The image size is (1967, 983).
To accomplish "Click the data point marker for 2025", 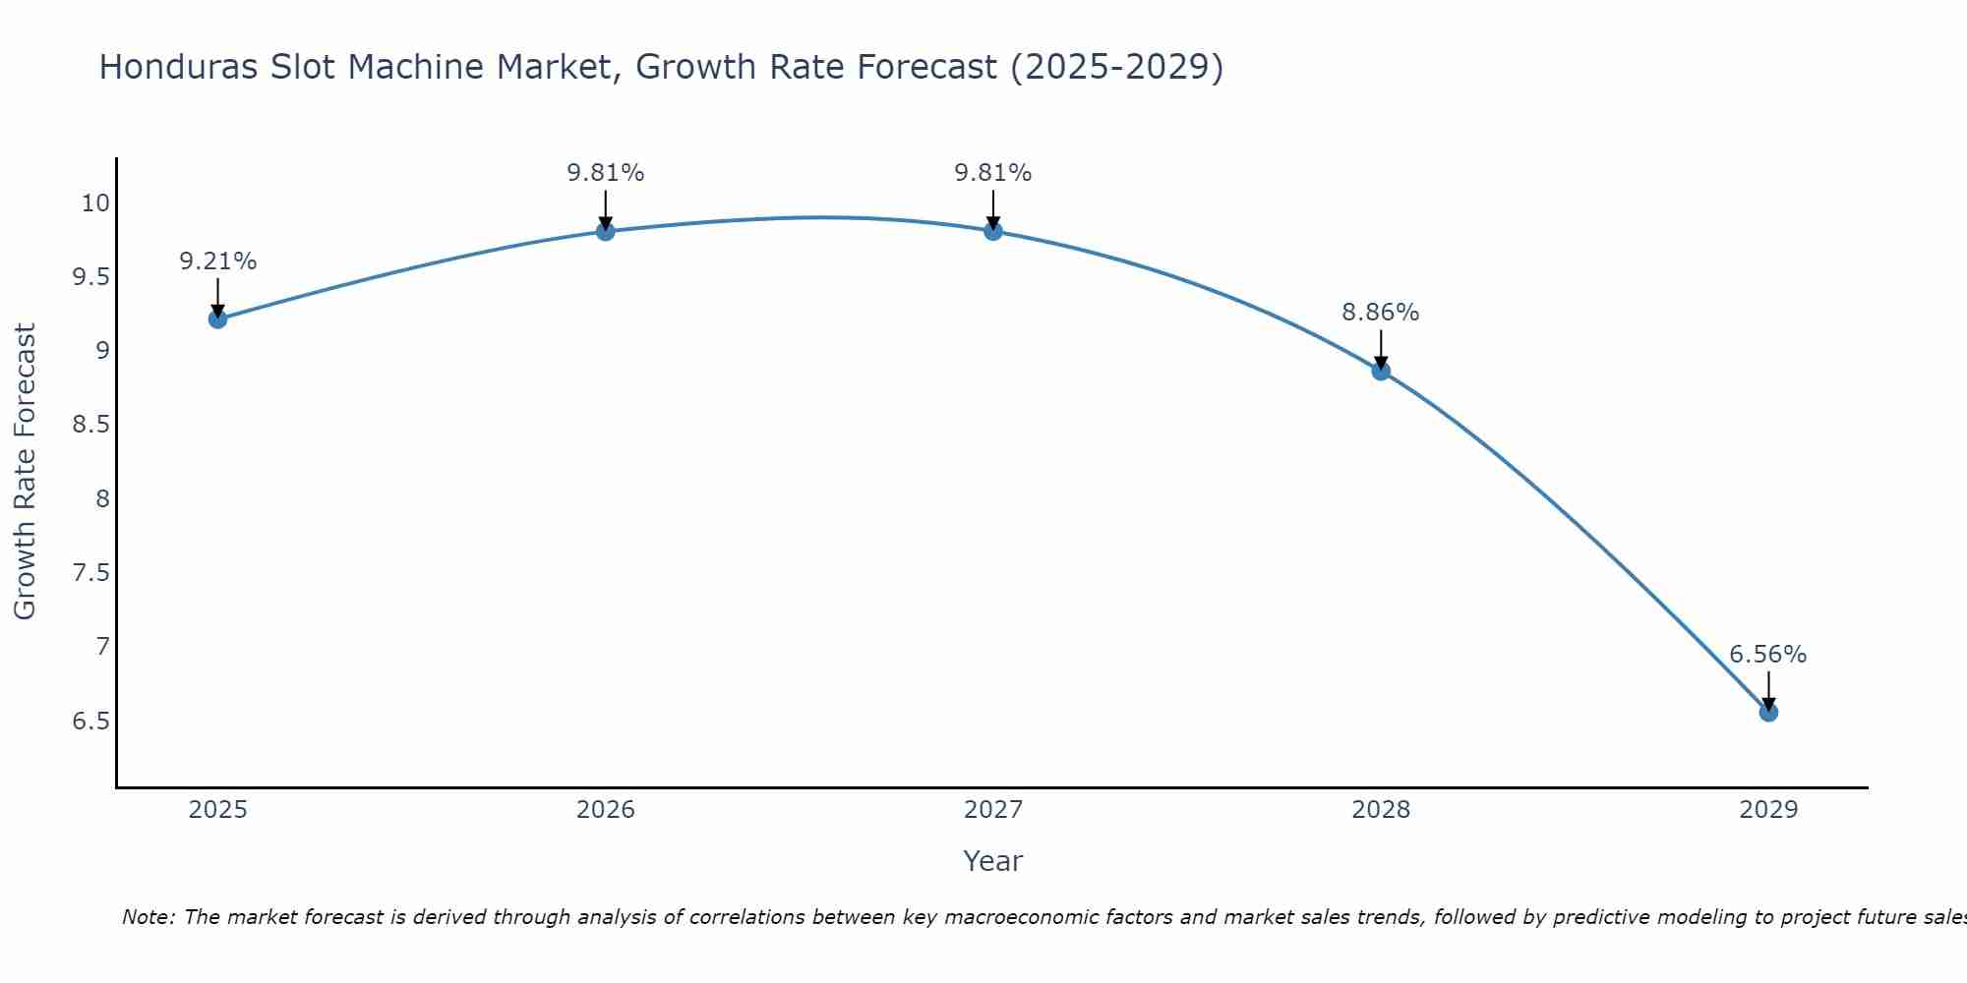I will click(x=218, y=318).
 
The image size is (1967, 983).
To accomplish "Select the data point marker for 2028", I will click(x=1381, y=371).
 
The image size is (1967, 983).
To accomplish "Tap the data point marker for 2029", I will click(x=1768, y=712).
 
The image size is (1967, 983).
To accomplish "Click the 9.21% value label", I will click(x=218, y=261).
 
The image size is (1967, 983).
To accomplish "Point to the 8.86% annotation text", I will click(x=1381, y=313).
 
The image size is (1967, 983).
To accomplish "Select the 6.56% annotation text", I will click(x=1768, y=655).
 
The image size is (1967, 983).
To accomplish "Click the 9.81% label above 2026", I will click(x=606, y=173).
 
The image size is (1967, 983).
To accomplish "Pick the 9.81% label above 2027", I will click(x=993, y=173).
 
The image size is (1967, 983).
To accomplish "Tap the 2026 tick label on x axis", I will click(x=606, y=810).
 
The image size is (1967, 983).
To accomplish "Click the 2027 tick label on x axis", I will click(x=993, y=810).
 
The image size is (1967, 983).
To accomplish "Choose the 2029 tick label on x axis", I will click(x=1768, y=810).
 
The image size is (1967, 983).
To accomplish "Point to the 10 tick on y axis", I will click(x=95, y=203).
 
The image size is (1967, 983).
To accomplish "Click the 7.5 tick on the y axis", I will click(x=90, y=573).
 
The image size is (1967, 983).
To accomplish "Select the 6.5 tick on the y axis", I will click(x=90, y=722).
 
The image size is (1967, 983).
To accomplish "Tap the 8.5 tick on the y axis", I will click(x=90, y=426).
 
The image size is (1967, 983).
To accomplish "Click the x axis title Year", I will click(x=993, y=861).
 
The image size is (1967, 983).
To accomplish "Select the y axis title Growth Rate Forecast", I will click(x=25, y=472).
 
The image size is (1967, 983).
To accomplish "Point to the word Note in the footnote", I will click(x=148, y=917).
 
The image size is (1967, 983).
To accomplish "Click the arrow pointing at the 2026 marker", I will click(x=606, y=207).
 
